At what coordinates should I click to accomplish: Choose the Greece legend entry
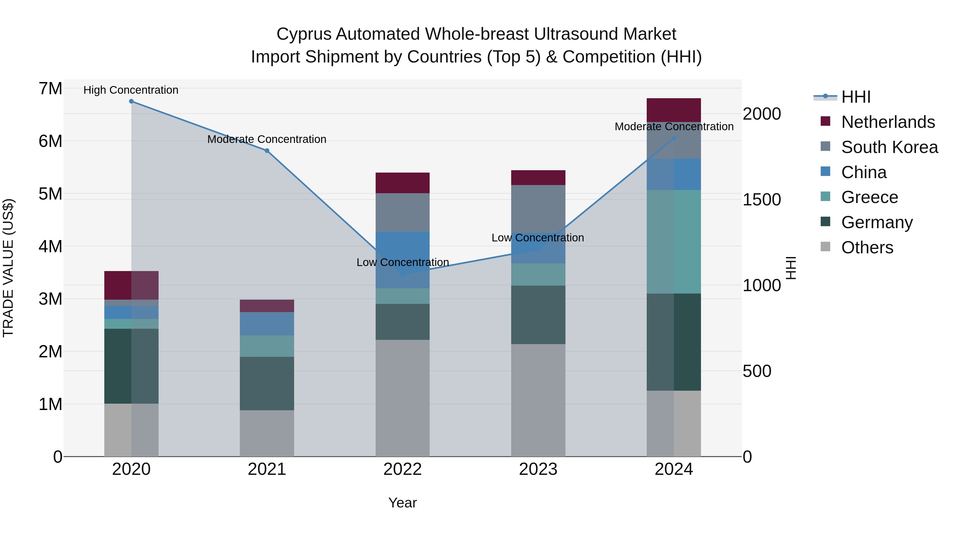[869, 197]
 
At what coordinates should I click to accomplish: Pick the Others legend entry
[867, 247]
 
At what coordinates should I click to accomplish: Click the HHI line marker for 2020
[131, 101]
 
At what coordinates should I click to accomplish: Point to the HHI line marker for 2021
[267, 151]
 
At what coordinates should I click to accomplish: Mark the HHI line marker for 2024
[674, 138]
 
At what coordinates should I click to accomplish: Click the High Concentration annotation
[131, 90]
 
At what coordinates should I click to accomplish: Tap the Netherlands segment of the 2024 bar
[674, 110]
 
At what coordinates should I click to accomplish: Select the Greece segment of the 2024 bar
[674, 242]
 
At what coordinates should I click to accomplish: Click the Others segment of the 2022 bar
[402, 398]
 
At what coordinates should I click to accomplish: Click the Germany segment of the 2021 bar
[267, 383]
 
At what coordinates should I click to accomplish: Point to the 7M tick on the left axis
[50, 89]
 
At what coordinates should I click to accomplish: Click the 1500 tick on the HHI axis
[762, 200]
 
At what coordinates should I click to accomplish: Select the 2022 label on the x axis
[402, 469]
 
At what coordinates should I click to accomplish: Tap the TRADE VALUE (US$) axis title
[8, 268]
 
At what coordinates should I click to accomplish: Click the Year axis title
[402, 503]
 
